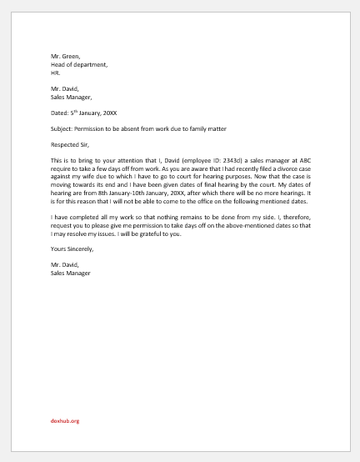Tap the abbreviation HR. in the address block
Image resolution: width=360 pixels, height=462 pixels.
(x=56, y=73)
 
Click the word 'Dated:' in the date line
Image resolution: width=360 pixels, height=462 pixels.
(x=60, y=111)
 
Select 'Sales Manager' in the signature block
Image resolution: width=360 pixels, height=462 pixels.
(x=70, y=273)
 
